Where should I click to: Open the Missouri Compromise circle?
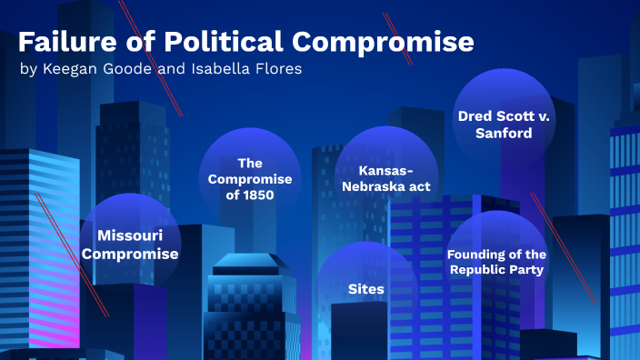click(x=130, y=244)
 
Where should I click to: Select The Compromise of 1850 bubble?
click(x=249, y=178)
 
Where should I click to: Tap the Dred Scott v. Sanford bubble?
click(x=503, y=125)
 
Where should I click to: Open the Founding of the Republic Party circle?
click(x=496, y=262)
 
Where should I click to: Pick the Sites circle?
click(x=366, y=289)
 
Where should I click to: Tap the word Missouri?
click(x=130, y=235)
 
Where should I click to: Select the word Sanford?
click(x=503, y=133)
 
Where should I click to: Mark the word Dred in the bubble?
click(x=473, y=116)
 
